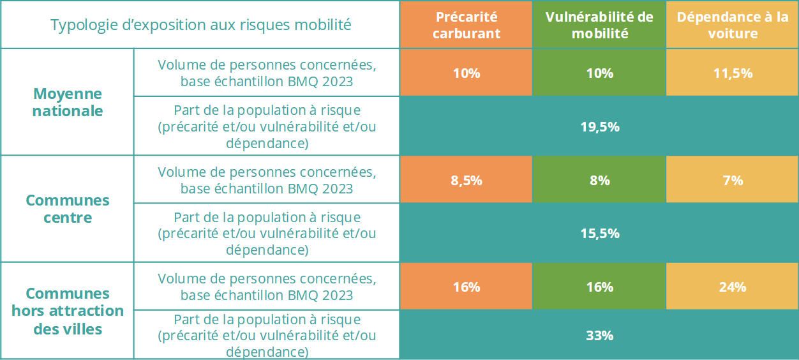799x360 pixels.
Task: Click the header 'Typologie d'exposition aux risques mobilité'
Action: click(x=200, y=26)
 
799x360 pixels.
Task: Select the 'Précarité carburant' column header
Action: click(x=466, y=26)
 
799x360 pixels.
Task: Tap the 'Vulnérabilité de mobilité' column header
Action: click(x=599, y=26)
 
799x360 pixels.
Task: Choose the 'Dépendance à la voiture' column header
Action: click(x=732, y=26)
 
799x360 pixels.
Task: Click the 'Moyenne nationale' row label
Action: click(x=68, y=102)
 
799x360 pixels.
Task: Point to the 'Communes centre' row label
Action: click(x=68, y=209)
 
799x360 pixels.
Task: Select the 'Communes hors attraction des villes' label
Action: click(x=68, y=311)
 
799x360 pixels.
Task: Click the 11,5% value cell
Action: click(x=732, y=73)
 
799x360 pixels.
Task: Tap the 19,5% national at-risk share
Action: click(x=599, y=127)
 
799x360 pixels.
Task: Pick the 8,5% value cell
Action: click(x=466, y=181)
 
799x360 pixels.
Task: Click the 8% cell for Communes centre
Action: click(x=599, y=181)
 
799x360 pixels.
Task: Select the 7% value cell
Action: click(x=732, y=181)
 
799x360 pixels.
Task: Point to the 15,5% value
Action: click(x=599, y=234)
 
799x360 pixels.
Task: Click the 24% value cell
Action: click(x=732, y=287)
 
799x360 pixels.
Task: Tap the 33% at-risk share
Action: click(x=599, y=335)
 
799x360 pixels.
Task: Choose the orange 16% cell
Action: click(x=466, y=287)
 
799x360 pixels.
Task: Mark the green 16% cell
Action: click(x=599, y=287)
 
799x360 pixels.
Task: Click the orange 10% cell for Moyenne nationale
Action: click(x=466, y=73)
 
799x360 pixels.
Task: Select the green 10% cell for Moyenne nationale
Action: click(x=599, y=73)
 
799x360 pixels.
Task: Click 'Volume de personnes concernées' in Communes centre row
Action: click(x=267, y=172)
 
